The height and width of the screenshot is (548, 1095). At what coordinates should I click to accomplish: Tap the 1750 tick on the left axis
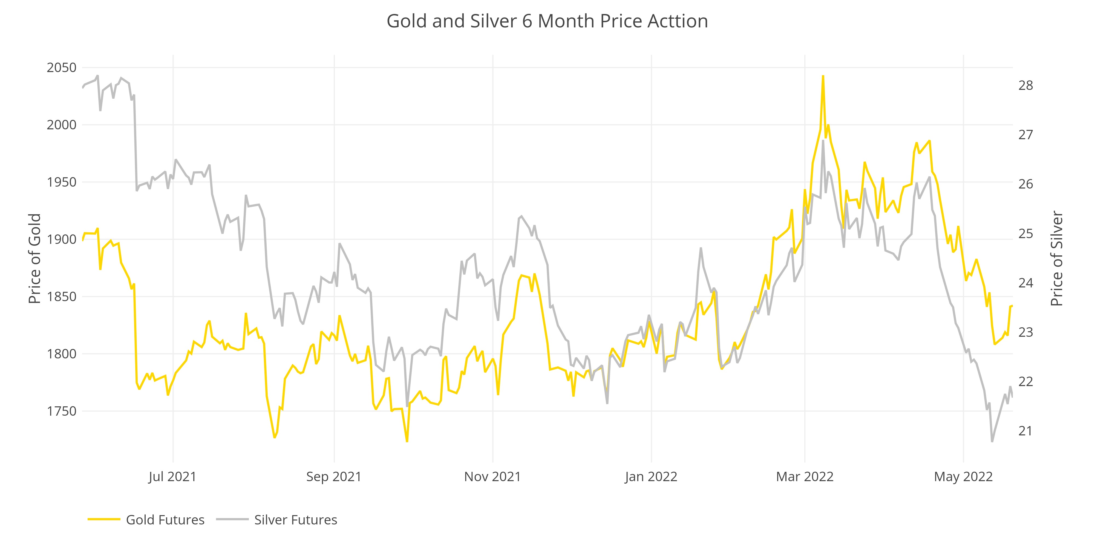pyautogui.click(x=62, y=411)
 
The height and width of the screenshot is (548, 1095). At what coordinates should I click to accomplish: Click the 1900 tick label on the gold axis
pyautogui.click(x=62, y=239)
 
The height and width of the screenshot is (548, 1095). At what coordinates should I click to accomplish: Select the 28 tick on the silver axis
pyautogui.click(x=1025, y=85)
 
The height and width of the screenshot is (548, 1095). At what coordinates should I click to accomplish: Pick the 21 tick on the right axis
pyautogui.click(x=1025, y=431)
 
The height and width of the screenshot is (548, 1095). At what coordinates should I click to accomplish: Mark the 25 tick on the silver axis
pyautogui.click(x=1025, y=233)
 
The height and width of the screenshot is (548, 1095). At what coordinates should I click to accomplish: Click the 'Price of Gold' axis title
pyautogui.click(x=35, y=258)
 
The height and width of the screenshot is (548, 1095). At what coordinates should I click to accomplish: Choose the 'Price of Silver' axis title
pyautogui.click(x=1056, y=258)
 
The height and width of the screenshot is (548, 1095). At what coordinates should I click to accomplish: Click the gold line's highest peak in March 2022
pyautogui.click(x=823, y=76)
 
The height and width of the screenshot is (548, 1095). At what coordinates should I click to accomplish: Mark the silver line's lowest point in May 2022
pyautogui.click(x=992, y=441)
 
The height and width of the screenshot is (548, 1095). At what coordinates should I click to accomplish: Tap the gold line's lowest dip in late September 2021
pyautogui.click(x=407, y=441)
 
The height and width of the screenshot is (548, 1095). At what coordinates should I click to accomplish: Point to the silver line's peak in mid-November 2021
pyautogui.click(x=521, y=216)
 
